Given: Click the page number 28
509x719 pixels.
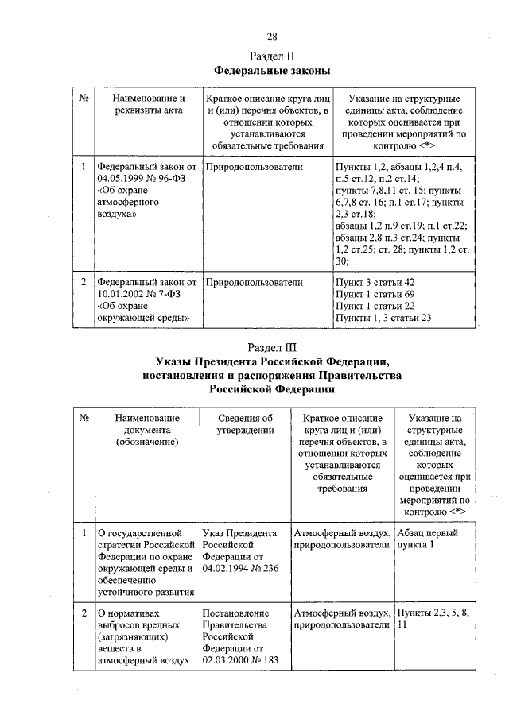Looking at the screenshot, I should pos(271,37).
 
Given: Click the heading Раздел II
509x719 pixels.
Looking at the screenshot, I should pos(272,56).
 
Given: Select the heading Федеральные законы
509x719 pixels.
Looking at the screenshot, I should pos(272,71).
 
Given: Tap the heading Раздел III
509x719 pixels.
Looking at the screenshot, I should pos(272,347).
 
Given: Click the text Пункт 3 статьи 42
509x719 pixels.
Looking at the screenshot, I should pos(375,282).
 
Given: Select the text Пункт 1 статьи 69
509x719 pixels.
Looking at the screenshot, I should pos(375,294).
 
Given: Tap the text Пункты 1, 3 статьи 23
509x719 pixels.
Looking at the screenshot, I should pos(383,318).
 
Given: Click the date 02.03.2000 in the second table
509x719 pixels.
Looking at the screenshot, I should pos(227,659).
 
